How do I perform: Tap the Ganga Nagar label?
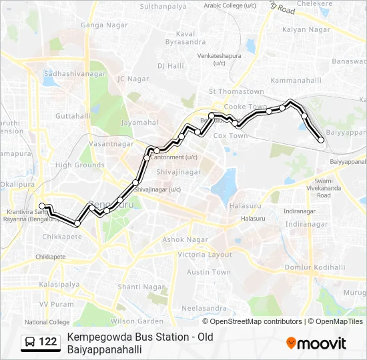99,25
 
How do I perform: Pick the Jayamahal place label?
139,123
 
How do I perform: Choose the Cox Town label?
230,135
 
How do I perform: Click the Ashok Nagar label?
186,239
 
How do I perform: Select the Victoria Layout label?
205,255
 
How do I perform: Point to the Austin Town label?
208,272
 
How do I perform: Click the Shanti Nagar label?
141,287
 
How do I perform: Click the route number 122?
48,342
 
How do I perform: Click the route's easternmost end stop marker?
321,140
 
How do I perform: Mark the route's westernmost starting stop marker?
42,206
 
